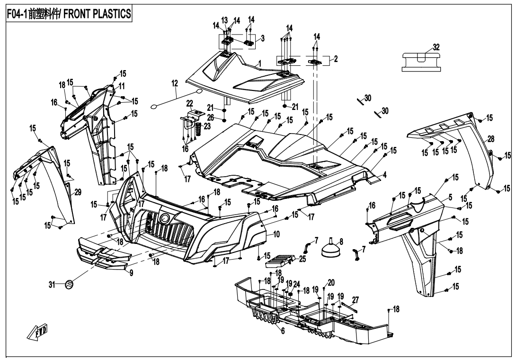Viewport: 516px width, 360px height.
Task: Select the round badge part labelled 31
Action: tap(69, 284)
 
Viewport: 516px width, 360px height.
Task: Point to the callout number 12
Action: tap(175, 83)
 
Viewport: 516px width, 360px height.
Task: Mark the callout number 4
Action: tap(385, 174)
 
